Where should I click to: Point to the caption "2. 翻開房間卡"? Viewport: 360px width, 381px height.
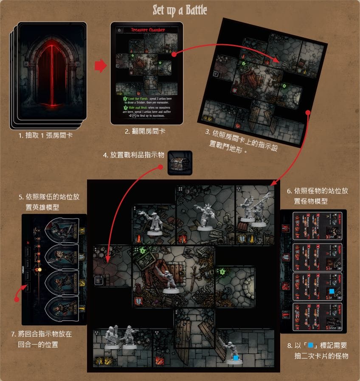coord(145,132)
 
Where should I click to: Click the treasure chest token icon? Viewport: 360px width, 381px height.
coord(180,163)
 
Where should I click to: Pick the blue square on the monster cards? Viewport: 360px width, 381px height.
coord(332,291)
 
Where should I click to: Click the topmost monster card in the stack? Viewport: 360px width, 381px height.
coord(317,225)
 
